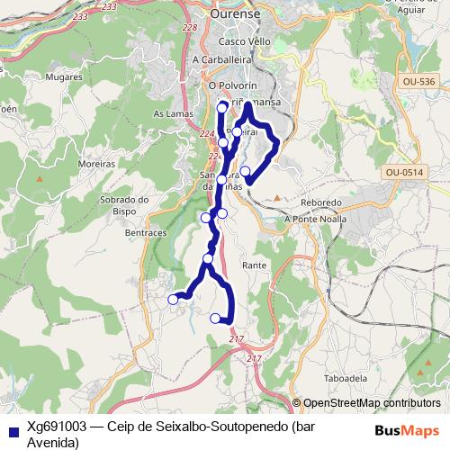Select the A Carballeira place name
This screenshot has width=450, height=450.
tap(220, 60)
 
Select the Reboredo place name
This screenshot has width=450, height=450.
tap(322, 203)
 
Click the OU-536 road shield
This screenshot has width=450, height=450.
tap(419, 82)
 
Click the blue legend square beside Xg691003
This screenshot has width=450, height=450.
tap(12, 428)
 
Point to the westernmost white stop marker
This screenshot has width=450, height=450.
tap(174, 300)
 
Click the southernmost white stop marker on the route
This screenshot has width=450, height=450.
tap(215, 318)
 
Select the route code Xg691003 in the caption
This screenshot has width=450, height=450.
tap(57, 427)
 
